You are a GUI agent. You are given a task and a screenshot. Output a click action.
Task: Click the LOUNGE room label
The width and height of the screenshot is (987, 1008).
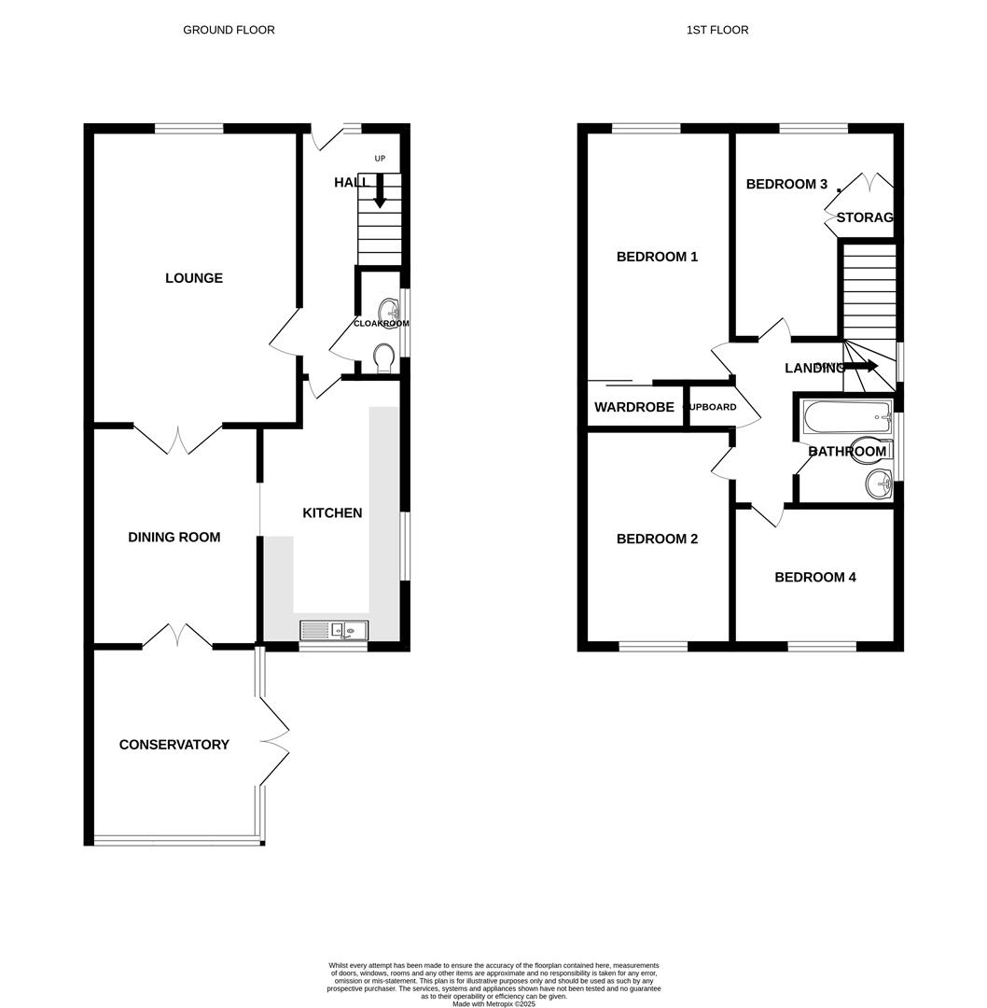(x=194, y=278)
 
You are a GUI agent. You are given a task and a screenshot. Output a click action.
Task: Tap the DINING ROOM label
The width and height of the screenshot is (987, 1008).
(x=174, y=538)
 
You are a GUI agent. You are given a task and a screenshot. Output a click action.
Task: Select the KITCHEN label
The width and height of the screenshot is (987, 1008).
(x=332, y=513)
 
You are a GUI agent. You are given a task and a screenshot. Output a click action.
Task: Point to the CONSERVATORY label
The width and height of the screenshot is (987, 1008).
(x=174, y=745)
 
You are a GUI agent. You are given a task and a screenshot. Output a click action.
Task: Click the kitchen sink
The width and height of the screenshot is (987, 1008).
(x=334, y=631)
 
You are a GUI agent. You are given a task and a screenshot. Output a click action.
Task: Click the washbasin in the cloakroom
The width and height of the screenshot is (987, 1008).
(x=389, y=309)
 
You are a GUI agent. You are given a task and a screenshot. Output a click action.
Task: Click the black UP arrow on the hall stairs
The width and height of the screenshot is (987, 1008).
(x=380, y=191)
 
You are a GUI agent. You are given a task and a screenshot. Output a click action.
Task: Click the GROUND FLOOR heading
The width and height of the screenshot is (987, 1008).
(x=229, y=30)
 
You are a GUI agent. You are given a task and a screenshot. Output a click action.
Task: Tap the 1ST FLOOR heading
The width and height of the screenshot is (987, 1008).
(x=717, y=30)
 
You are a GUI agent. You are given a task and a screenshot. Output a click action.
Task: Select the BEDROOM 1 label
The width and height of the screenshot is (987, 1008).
(x=658, y=257)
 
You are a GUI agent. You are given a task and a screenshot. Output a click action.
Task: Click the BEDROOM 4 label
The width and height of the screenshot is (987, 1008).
(x=815, y=578)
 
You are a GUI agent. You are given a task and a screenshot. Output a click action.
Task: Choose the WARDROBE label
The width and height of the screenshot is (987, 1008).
(x=634, y=408)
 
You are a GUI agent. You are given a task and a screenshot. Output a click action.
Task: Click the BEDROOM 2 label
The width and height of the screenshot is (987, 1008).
(x=658, y=539)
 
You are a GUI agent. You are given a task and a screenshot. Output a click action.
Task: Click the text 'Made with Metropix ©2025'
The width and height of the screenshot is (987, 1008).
(x=493, y=1003)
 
